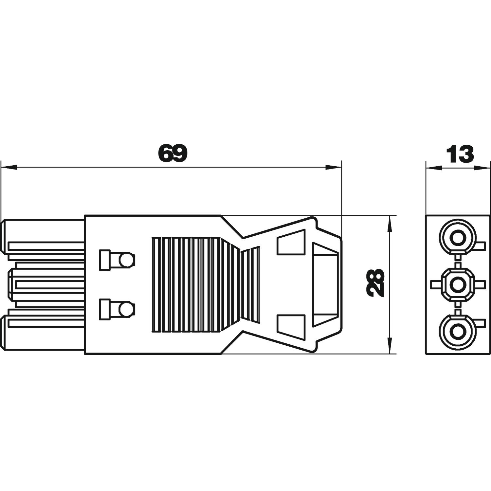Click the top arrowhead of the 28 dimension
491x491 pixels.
(x=389, y=223)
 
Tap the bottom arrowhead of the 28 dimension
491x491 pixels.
(x=389, y=346)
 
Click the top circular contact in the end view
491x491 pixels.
(x=457, y=237)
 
